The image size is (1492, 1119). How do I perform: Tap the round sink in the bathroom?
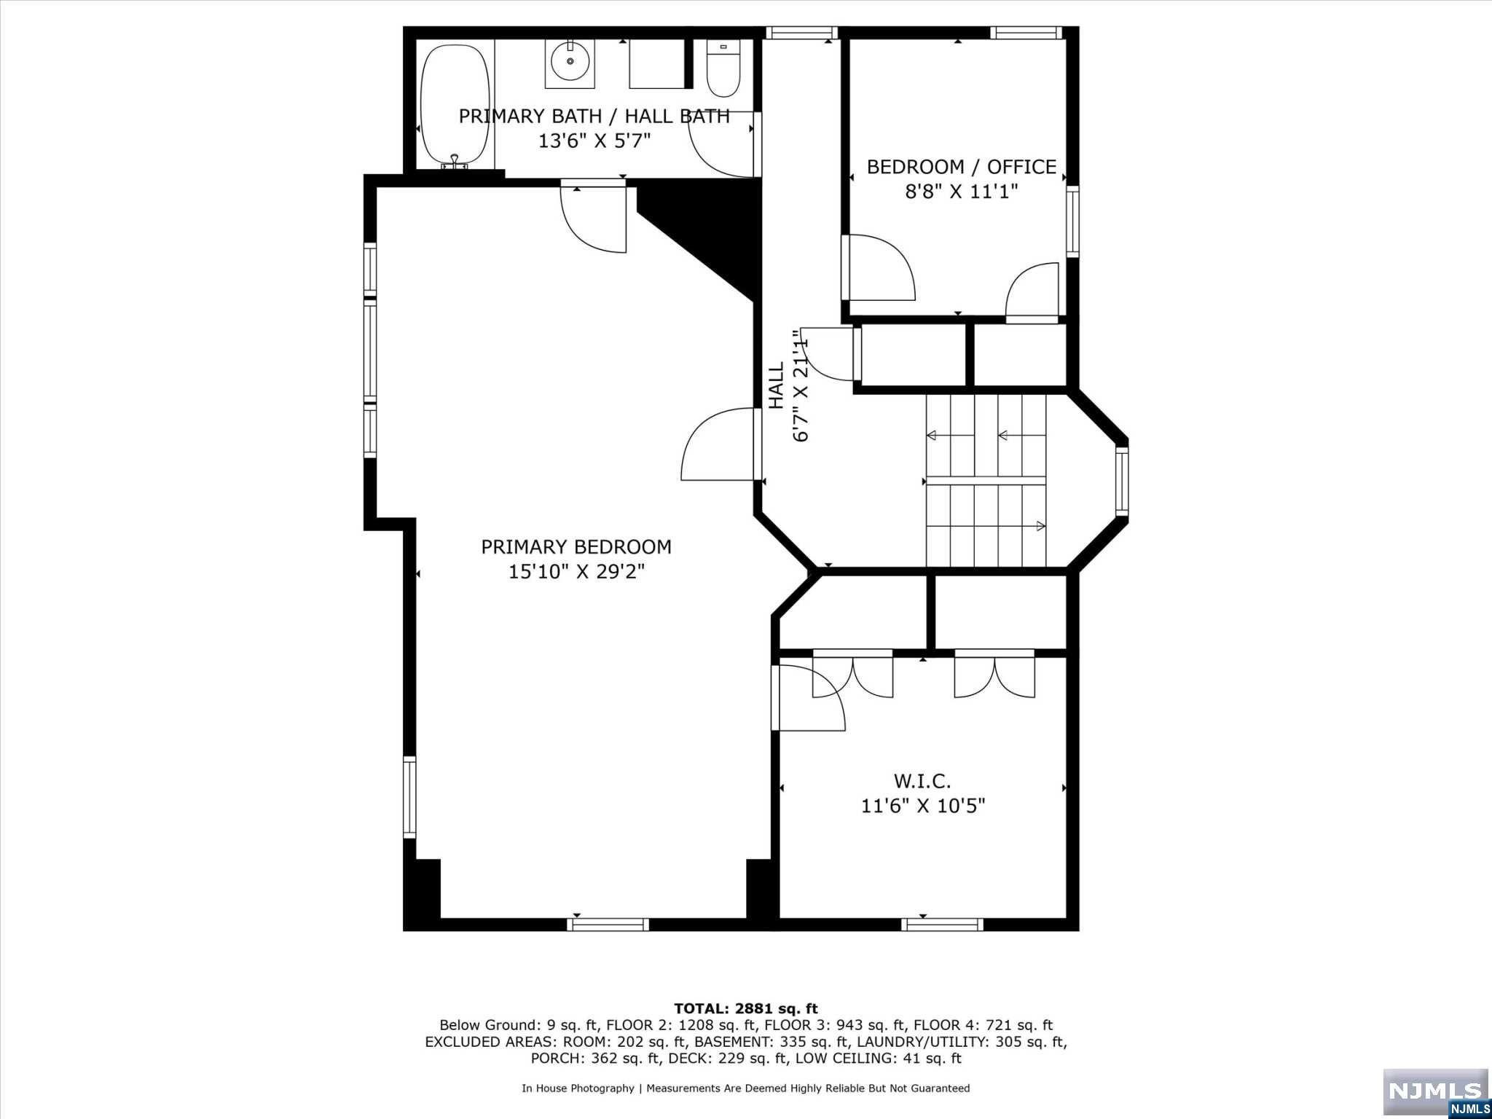570,61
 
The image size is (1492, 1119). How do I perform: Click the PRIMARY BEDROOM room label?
576,546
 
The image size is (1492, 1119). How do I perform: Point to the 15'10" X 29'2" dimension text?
576,572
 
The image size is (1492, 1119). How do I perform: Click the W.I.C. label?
922,782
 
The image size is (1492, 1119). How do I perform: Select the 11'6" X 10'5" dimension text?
923,806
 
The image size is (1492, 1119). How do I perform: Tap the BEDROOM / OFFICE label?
962,167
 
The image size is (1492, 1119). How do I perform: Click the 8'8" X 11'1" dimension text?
962,192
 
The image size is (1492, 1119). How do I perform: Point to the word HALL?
777,385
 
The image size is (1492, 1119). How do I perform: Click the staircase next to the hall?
986,481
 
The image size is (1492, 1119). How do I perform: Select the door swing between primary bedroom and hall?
718,444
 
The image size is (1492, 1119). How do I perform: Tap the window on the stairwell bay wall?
1122,481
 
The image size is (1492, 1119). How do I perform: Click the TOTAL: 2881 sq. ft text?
746,1009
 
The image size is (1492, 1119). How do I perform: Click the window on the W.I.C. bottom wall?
942,924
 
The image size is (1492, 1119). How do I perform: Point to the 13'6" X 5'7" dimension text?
594,141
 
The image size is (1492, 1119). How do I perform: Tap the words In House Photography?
578,1088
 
